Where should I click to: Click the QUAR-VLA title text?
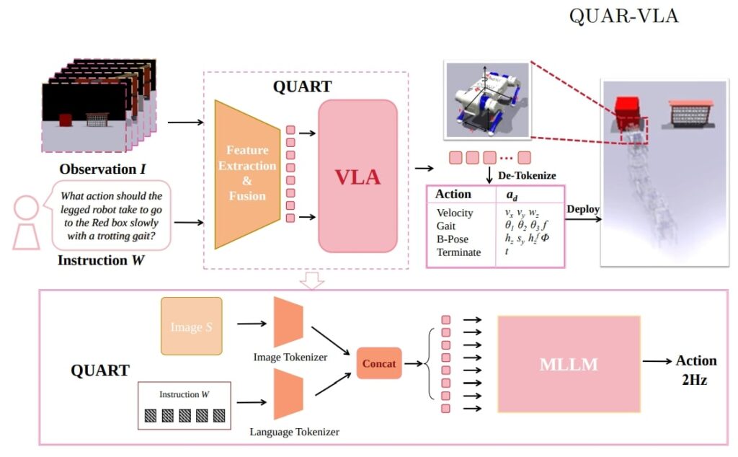coord(623,17)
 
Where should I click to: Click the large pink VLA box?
coord(357,176)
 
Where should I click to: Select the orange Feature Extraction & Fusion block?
coord(246,174)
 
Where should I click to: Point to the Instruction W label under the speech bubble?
coord(102,260)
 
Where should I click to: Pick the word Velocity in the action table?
coord(456,213)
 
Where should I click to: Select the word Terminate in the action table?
coord(459,252)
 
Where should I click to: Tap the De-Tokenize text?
coord(526,175)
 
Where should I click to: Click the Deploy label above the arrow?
coord(583,209)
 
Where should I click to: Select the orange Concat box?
coord(378,363)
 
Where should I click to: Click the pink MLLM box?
coord(569,363)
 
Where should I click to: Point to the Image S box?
coord(191,327)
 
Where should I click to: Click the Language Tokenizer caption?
coord(294,432)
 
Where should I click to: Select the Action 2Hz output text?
coord(695,370)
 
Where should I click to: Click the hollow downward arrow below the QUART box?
coord(312,281)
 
